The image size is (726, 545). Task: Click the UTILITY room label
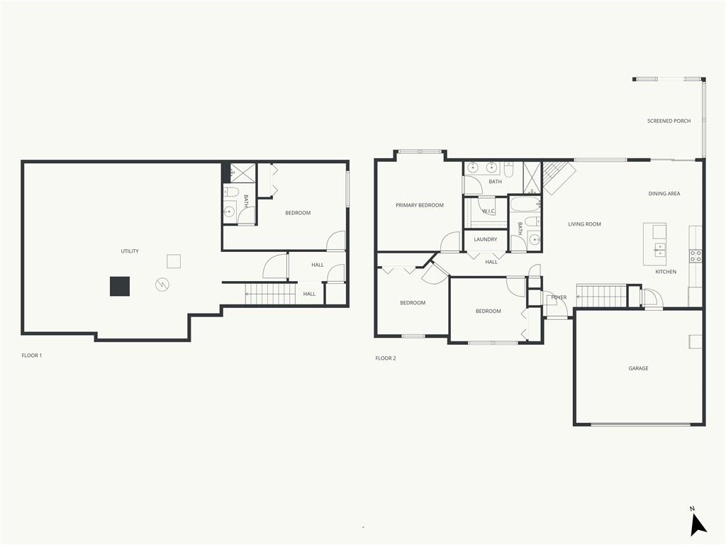pos(130,251)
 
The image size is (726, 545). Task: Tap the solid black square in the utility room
pos(119,286)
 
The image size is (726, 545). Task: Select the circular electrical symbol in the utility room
pos(162,285)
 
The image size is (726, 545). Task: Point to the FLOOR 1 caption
pos(31,356)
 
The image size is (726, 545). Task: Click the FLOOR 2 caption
pos(386,358)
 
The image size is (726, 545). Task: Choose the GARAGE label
pos(638,368)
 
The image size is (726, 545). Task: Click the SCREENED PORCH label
pos(669,121)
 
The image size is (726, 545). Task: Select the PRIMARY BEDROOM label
pos(420,205)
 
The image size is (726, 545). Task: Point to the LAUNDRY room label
pos(485,240)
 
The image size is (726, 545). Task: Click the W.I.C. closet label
pos(488,211)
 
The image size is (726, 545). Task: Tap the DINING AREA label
pos(664,194)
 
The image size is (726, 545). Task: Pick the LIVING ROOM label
pos(584,224)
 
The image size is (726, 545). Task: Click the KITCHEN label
pos(665,272)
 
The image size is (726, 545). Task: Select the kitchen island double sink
pos(659,250)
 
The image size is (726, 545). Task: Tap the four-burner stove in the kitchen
pos(695,255)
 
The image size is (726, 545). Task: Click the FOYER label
pos(559,297)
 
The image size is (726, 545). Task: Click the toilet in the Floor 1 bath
pos(230,191)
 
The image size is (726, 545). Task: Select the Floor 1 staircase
pos(270,294)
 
